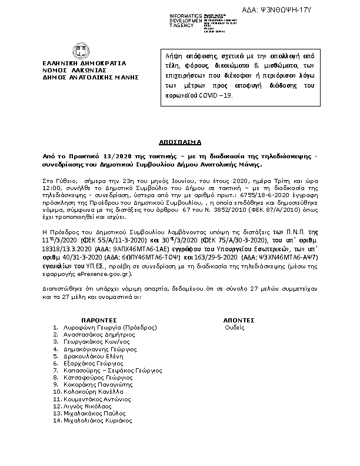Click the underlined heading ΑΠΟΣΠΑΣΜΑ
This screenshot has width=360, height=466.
tap(180, 142)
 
